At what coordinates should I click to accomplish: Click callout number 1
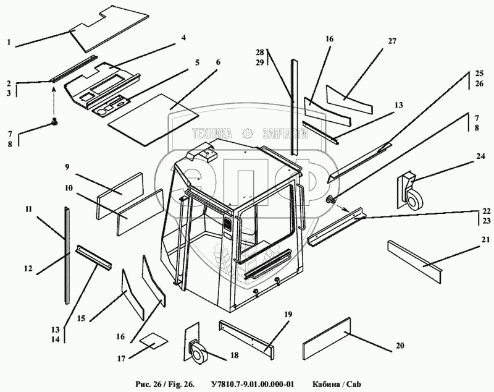[x=9, y=43]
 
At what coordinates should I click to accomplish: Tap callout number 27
[x=391, y=41]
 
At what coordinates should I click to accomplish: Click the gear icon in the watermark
[x=247, y=132]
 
